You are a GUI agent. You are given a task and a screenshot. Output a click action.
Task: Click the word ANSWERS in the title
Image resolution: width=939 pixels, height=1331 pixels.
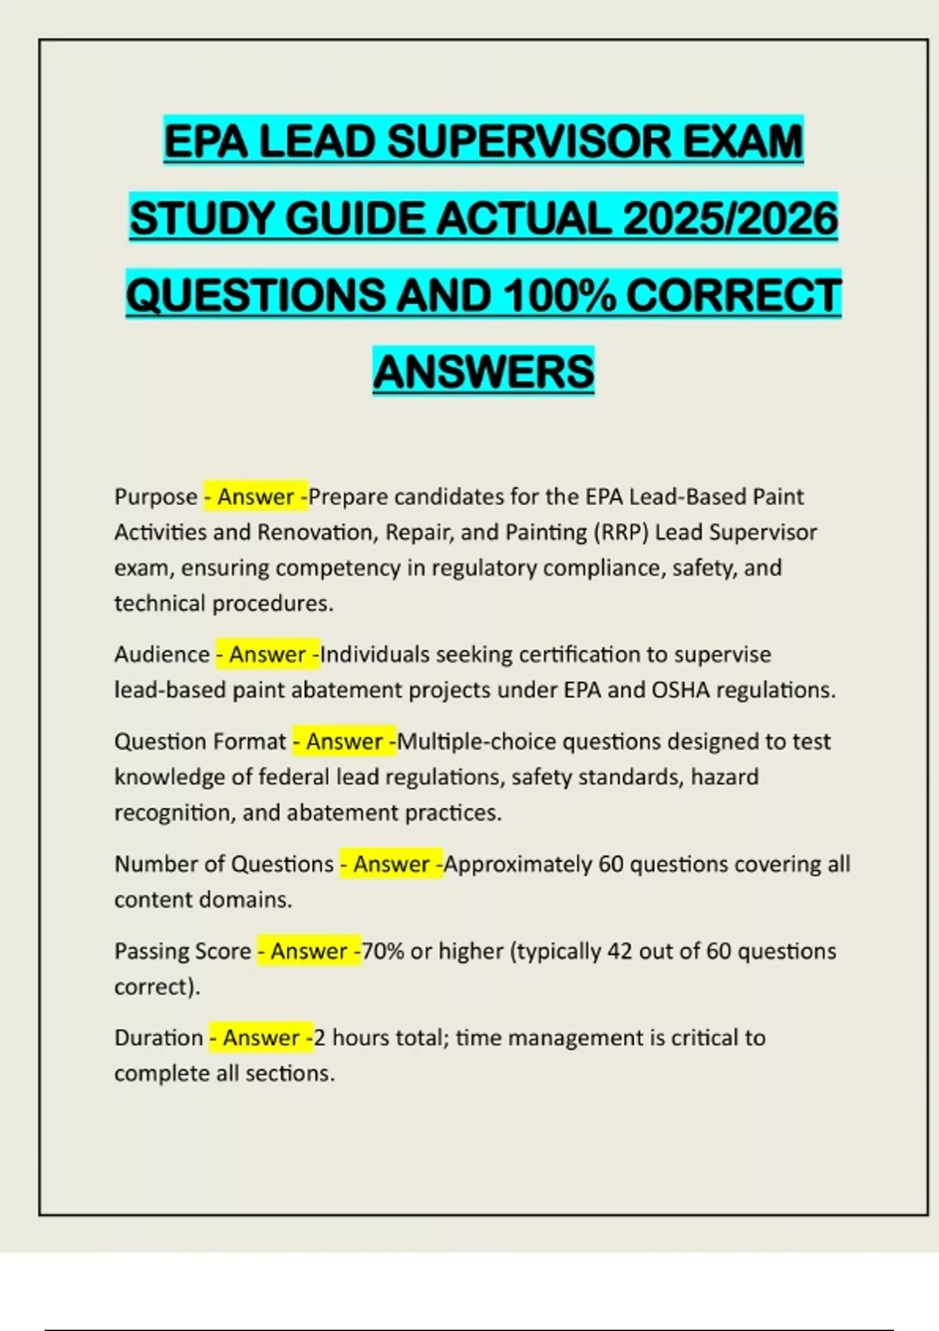tap(484, 371)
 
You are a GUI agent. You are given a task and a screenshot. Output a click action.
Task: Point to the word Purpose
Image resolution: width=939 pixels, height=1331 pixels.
tap(156, 496)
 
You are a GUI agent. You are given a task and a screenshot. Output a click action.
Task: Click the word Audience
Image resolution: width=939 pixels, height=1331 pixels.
tap(162, 654)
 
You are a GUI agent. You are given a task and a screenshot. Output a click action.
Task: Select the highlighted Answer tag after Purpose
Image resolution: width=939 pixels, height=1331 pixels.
tap(256, 496)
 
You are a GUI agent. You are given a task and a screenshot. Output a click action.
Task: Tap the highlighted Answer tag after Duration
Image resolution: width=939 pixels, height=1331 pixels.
tap(261, 1037)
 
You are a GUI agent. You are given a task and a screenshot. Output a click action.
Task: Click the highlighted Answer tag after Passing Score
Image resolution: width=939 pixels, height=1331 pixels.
tap(309, 950)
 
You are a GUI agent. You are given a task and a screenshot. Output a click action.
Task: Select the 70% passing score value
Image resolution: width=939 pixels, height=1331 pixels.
tap(383, 950)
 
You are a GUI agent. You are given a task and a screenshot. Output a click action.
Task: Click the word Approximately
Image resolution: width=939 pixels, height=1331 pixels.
tap(517, 864)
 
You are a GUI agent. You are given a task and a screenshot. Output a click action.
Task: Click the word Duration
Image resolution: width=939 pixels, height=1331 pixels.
tap(159, 1037)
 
